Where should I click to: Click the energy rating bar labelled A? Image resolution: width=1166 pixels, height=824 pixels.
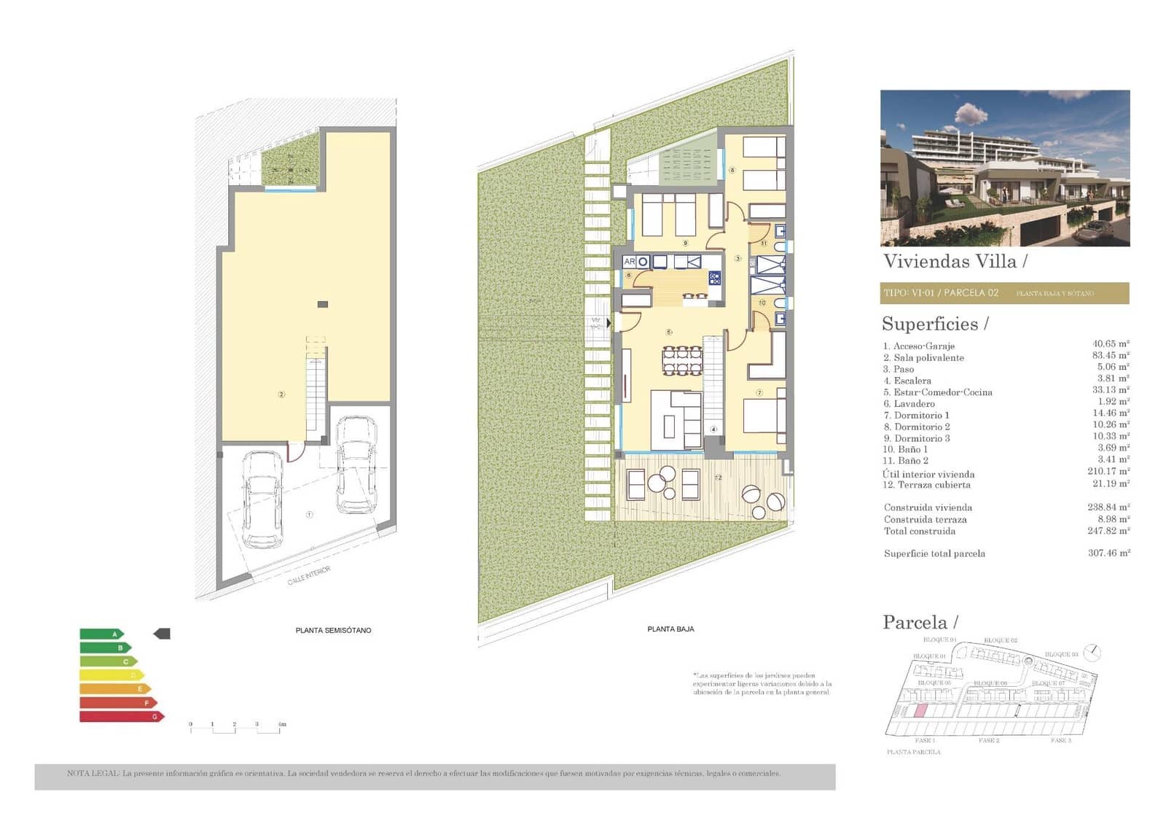pyautogui.click(x=101, y=634)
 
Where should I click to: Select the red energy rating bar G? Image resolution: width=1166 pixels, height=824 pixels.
pyautogui.click(x=121, y=717)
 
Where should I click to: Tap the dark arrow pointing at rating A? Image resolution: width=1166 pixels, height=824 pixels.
pyautogui.click(x=162, y=634)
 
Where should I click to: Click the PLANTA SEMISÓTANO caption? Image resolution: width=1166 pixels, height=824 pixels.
pyautogui.click(x=333, y=630)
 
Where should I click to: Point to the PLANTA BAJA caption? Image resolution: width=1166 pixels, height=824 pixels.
pyautogui.click(x=670, y=629)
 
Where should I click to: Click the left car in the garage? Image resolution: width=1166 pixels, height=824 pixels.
pyautogui.click(x=262, y=500)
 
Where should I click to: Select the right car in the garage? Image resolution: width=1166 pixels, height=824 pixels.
pyautogui.click(x=356, y=465)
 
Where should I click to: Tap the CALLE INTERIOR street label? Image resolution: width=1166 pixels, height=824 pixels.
pyautogui.click(x=308, y=575)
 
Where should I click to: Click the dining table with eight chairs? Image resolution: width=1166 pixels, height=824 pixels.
pyautogui.click(x=682, y=360)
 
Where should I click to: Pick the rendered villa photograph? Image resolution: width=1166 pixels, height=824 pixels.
pyautogui.click(x=1004, y=168)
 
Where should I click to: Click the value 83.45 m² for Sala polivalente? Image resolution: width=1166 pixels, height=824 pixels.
pyautogui.click(x=1110, y=356)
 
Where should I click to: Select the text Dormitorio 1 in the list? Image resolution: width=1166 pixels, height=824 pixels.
pyautogui.click(x=921, y=415)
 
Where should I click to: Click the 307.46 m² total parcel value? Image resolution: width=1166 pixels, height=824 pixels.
pyautogui.click(x=1108, y=553)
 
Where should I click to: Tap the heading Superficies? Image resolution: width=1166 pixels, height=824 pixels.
pyautogui.click(x=934, y=324)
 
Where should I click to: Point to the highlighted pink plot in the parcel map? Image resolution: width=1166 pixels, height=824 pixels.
pyautogui.click(x=920, y=711)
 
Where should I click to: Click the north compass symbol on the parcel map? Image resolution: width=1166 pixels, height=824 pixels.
pyautogui.click(x=1091, y=651)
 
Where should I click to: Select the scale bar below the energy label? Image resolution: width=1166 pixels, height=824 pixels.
pyautogui.click(x=235, y=727)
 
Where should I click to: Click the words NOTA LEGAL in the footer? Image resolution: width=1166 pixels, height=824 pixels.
pyautogui.click(x=93, y=774)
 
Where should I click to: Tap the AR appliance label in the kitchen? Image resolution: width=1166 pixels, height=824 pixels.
pyautogui.click(x=629, y=262)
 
